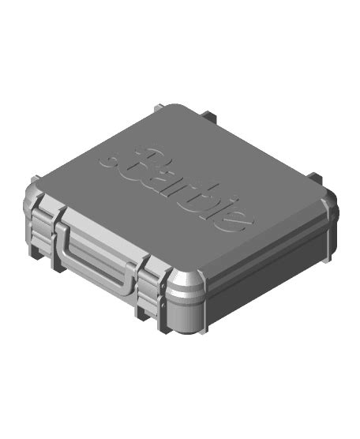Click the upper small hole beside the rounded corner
(163, 286)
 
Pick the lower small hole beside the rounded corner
(163, 302)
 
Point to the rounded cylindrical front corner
(185, 302)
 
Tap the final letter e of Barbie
(238, 219)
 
